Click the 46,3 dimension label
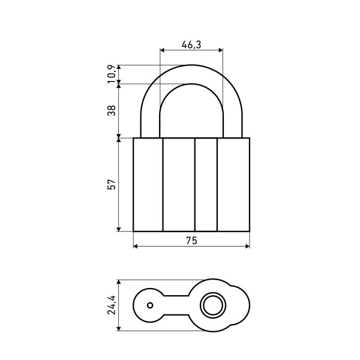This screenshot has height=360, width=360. pos(191,44)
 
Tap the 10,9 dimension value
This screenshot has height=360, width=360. pos(112,74)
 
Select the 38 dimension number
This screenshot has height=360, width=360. pos(112,110)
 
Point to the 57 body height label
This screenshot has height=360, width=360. pos(112,184)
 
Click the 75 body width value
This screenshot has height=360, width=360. pos(191,241)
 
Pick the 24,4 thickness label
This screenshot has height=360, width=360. pos(112,305)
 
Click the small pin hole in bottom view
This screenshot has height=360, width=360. pos(150,305)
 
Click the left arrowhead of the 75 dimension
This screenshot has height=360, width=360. pos(136,247)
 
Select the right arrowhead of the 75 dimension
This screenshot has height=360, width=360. pos(247,247)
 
